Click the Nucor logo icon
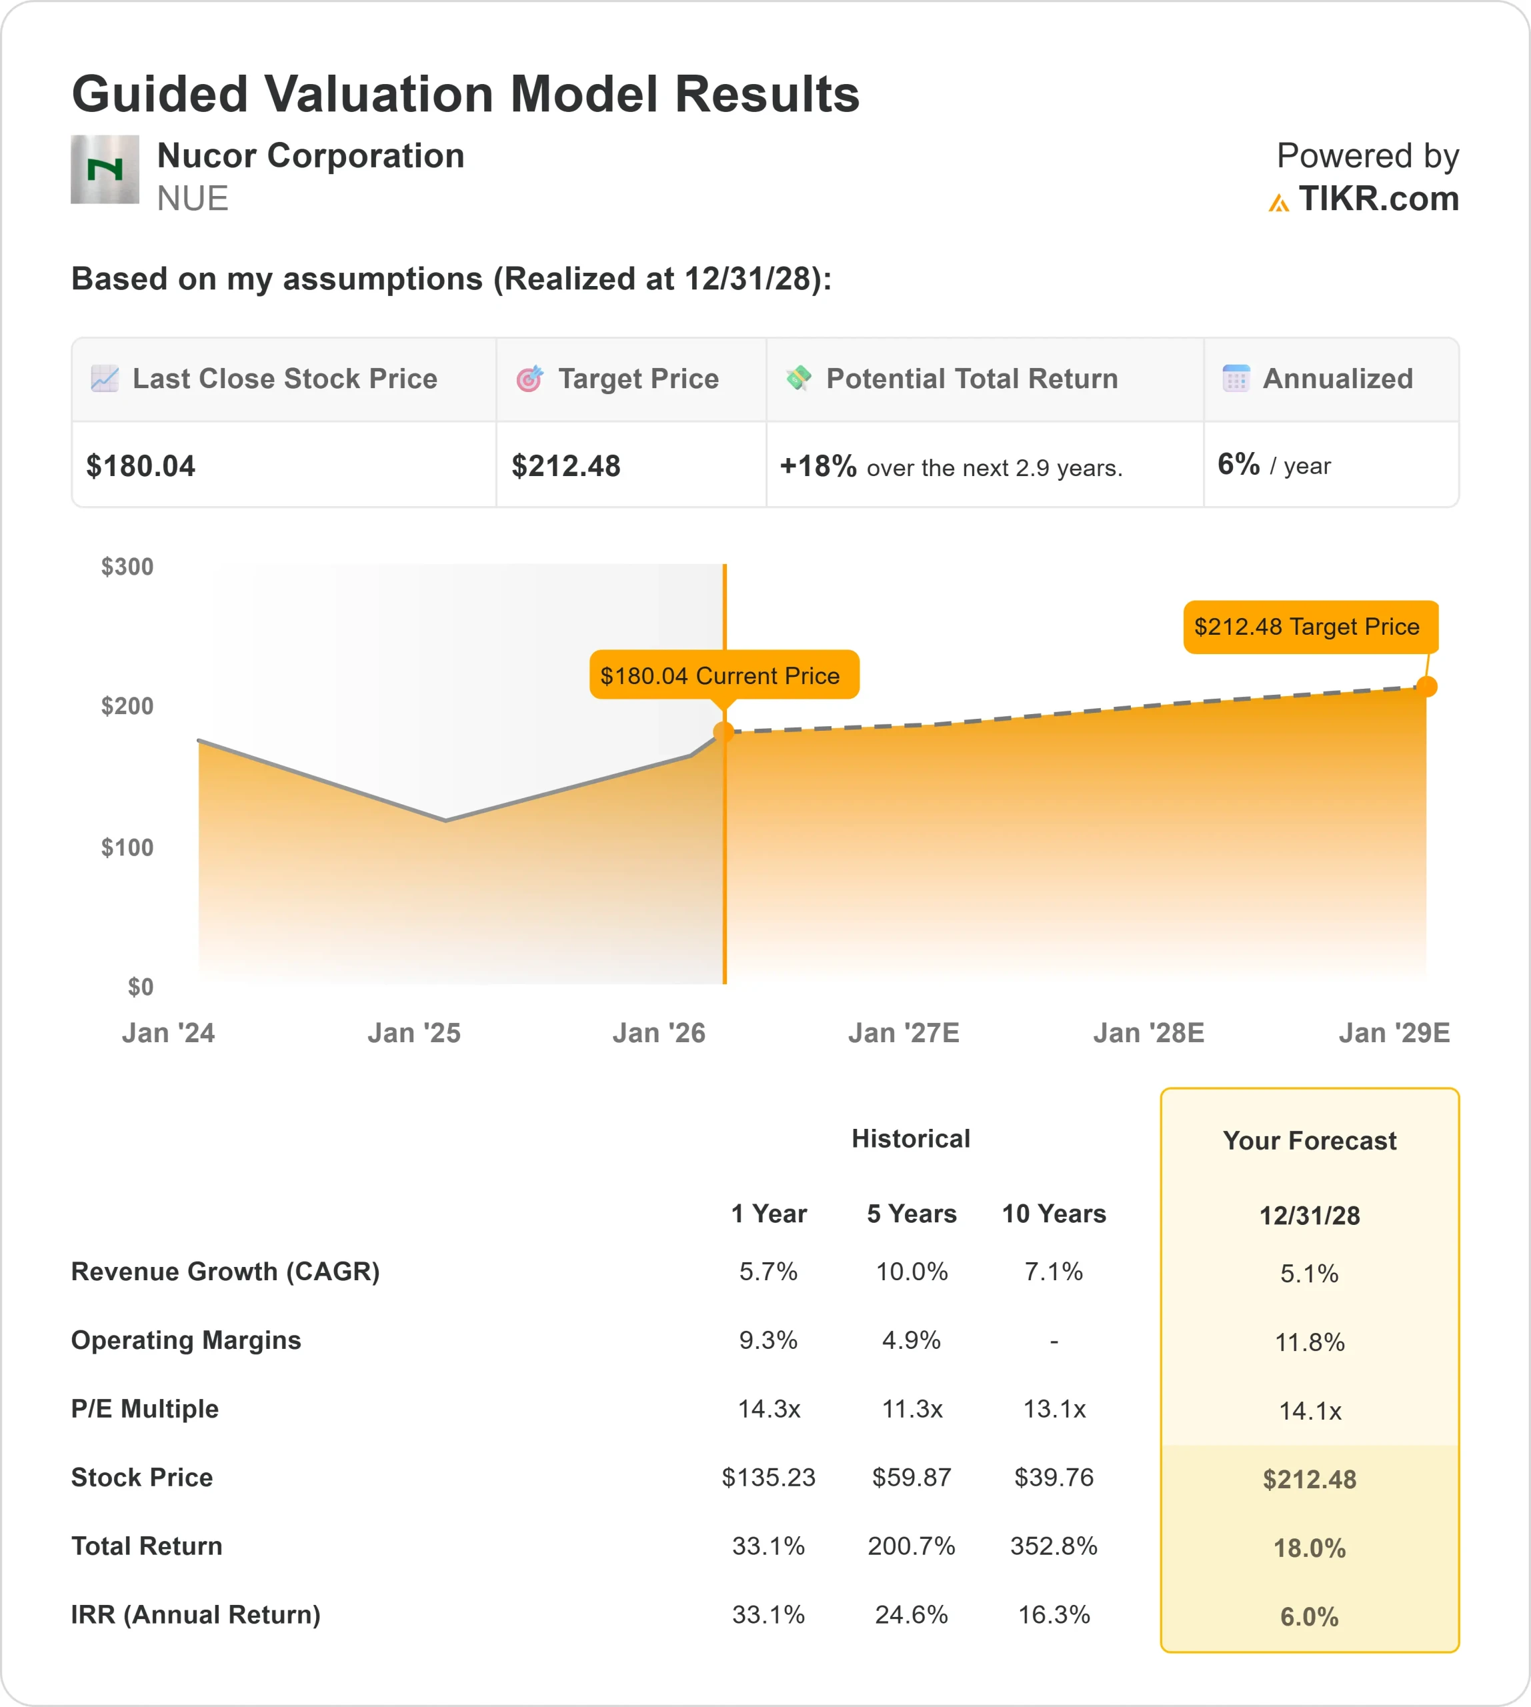point(104,169)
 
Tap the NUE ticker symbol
point(193,199)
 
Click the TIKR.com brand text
point(1378,199)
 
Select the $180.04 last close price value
point(141,466)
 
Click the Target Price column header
point(637,379)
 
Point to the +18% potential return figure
point(818,465)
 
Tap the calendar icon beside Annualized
point(1236,379)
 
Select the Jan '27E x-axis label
point(904,1032)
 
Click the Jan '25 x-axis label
point(414,1032)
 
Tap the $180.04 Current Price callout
point(723,675)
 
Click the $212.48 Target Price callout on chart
point(1310,627)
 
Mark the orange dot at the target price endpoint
point(1427,687)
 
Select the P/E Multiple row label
point(145,1408)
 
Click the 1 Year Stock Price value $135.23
point(768,1478)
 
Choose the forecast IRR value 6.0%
point(1309,1616)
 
